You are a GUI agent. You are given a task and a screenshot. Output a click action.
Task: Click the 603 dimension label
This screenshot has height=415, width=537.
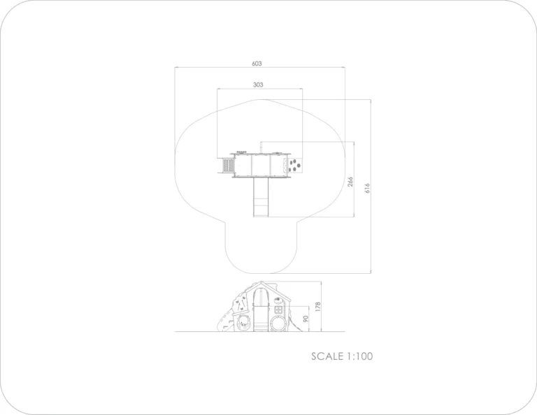click(257, 64)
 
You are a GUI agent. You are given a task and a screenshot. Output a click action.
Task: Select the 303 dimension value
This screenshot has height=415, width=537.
click(258, 85)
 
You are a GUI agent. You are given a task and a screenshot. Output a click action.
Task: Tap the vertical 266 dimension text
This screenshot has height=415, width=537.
click(350, 182)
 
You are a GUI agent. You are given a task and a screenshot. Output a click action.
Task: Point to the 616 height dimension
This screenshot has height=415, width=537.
click(368, 188)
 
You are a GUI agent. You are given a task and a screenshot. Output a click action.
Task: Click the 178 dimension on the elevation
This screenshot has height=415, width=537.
click(318, 307)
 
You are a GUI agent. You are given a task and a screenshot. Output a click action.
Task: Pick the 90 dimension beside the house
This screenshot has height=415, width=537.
click(306, 319)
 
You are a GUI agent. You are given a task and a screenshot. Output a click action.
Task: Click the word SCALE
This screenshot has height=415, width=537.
click(327, 356)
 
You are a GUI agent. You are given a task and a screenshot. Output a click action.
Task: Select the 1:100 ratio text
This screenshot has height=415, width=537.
click(360, 356)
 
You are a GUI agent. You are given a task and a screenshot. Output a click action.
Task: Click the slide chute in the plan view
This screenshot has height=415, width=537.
click(261, 197)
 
